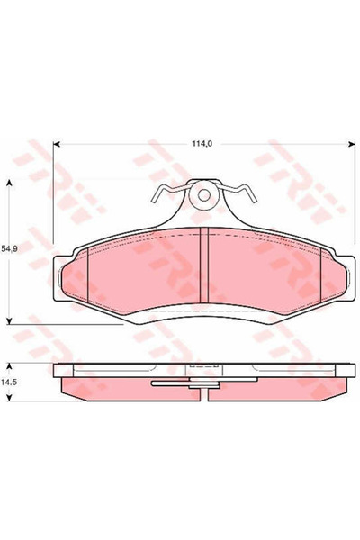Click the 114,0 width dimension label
pos(202,145)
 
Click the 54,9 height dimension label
pos(9,249)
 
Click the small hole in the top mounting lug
pos(204,195)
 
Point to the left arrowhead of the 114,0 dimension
pos(57,145)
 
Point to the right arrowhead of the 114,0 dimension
pos(352,145)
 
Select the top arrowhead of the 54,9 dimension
pos(10,183)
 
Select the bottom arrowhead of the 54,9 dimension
pos(10,320)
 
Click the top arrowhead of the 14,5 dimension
pos(10,366)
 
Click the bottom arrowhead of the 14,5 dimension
pos(10,398)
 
